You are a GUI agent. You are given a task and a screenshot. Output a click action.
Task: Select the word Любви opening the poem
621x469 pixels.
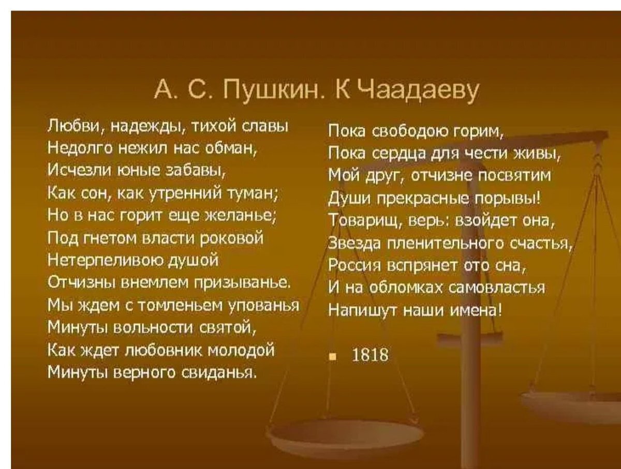click(75, 126)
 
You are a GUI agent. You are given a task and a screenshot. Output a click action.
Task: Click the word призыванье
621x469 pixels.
click(241, 283)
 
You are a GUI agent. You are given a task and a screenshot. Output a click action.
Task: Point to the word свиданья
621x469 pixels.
click(219, 373)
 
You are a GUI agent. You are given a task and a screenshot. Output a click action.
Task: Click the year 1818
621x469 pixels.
click(370, 355)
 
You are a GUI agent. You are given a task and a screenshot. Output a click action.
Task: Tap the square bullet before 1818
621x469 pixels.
click(333, 358)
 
